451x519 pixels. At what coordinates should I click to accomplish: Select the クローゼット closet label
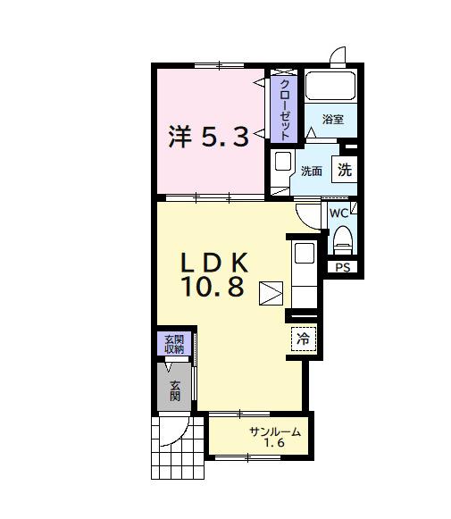click(x=284, y=109)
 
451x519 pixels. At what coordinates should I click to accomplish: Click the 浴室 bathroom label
click(x=333, y=120)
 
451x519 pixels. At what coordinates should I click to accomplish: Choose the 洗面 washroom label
click(x=312, y=171)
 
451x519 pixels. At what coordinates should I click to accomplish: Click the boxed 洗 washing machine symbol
click(x=345, y=168)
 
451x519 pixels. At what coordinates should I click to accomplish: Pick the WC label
click(x=338, y=213)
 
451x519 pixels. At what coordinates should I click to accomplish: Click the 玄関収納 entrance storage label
click(x=173, y=344)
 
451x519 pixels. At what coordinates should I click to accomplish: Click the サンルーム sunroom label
click(x=274, y=432)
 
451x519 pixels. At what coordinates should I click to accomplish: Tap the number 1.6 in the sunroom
click(x=274, y=444)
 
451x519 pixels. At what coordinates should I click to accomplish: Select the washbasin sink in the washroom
click(x=282, y=163)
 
